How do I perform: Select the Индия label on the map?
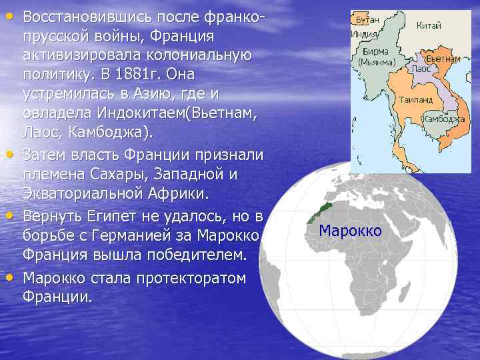(364, 33)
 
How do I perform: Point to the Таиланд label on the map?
(415, 99)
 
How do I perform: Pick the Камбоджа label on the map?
(445, 119)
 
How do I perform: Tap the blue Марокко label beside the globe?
(350, 231)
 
